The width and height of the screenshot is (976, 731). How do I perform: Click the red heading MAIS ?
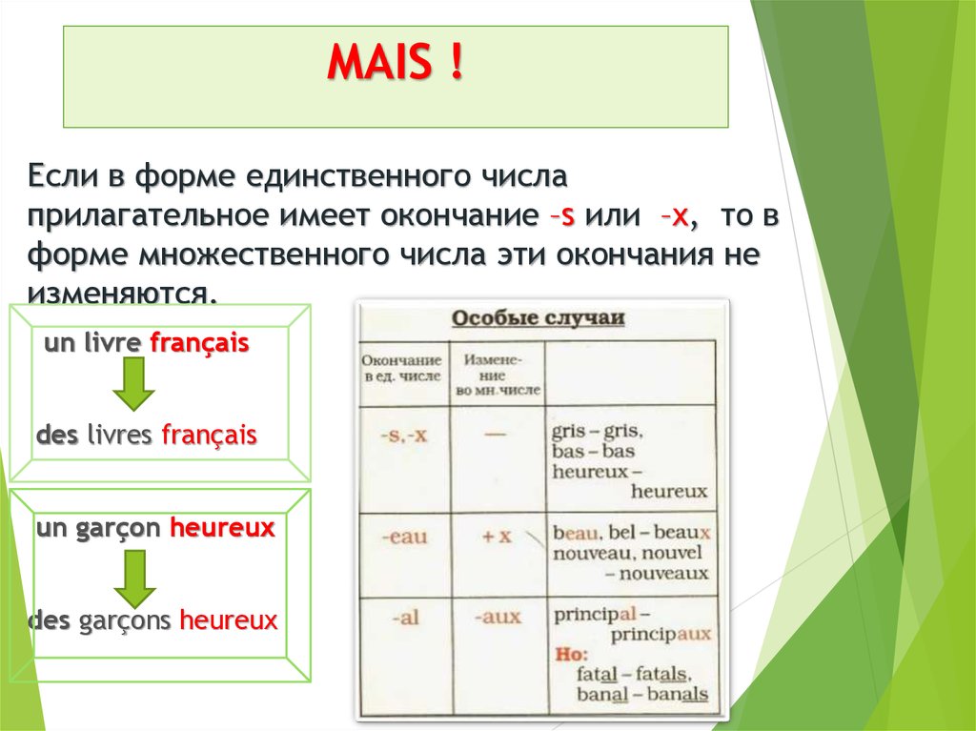[x=396, y=62]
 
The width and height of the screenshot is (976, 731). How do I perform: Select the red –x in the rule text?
[x=674, y=215]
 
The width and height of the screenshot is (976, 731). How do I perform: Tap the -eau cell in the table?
[x=404, y=537]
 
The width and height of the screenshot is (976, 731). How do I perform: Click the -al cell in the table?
[x=405, y=617]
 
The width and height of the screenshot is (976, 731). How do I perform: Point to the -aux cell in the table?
[x=498, y=617]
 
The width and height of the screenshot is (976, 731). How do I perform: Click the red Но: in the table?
[x=572, y=655]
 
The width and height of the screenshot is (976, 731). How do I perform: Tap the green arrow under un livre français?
[x=134, y=385]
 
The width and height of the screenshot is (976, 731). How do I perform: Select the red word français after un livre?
[x=199, y=343]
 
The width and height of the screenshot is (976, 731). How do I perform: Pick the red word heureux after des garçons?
[x=229, y=621]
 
